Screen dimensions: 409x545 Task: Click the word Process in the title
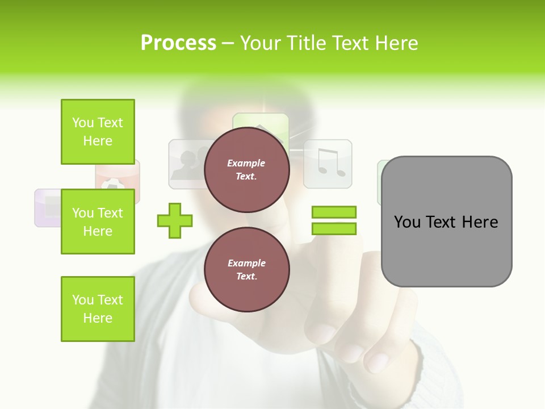[178, 43]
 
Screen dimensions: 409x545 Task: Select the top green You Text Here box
[98, 132]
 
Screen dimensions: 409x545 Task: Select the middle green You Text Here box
[98, 222]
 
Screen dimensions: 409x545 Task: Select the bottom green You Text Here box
[98, 309]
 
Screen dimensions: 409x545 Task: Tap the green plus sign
[175, 220]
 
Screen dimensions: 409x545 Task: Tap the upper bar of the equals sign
[334, 212]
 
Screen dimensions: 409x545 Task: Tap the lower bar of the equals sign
[334, 229]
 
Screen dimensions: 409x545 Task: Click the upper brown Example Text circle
[246, 169]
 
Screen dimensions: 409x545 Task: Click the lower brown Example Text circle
[246, 269]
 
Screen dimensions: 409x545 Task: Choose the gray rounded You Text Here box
[446, 222]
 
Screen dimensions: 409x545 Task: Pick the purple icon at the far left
[47, 208]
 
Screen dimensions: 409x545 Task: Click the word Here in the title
[396, 43]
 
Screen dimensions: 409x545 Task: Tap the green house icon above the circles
[261, 122]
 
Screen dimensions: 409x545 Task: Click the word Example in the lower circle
[246, 263]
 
